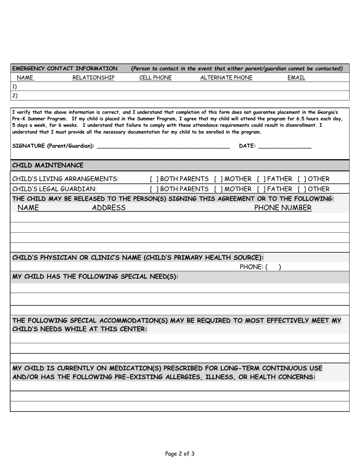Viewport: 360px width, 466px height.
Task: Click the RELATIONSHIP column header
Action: click(x=93, y=78)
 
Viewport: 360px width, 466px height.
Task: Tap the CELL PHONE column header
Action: click(x=155, y=78)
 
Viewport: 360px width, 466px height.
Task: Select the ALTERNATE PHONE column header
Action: click(x=226, y=78)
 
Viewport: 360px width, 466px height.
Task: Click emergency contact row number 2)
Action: click(x=15, y=96)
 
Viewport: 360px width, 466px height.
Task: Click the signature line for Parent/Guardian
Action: click(x=163, y=147)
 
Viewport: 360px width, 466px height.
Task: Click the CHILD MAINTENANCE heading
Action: click(x=48, y=166)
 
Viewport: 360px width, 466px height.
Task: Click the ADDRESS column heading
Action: click(x=109, y=208)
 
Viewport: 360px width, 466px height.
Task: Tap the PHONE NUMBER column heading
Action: click(x=283, y=208)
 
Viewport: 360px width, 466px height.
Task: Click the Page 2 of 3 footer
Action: click(x=180, y=453)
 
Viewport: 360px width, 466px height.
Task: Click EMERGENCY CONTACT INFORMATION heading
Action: click(x=65, y=69)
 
